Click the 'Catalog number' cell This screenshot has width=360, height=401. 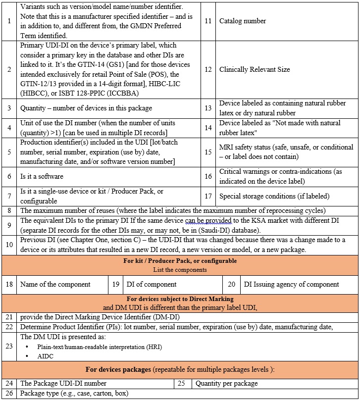pyautogui.click(x=243, y=21)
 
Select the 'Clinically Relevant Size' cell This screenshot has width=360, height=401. pyautogui.click(x=255, y=69)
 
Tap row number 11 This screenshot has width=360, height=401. pyautogui.click(x=208, y=21)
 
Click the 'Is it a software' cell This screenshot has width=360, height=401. pyautogui.click(x=42, y=176)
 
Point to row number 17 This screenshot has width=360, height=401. pyautogui.click(x=208, y=197)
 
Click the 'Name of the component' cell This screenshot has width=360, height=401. pyautogui.click(x=55, y=284)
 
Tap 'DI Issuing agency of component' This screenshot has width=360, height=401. pyautogui.click(x=292, y=284)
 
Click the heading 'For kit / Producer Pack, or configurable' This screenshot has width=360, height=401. pyautogui.click(x=180, y=261)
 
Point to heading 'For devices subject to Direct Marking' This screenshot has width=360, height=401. pyautogui.click(x=180, y=299)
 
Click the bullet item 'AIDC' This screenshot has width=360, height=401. pyautogui.click(x=44, y=356)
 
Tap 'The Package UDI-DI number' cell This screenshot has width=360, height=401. pyautogui.click(x=63, y=383)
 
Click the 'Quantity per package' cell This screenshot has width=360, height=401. pyautogui.click(x=227, y=383)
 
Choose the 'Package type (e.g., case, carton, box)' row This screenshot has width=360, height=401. pyautogui.click(x=74, y=394)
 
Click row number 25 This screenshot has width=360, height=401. pyautogui.click(x=181, y=383)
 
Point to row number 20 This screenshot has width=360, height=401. pyautogui.click(x=231, y=284)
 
